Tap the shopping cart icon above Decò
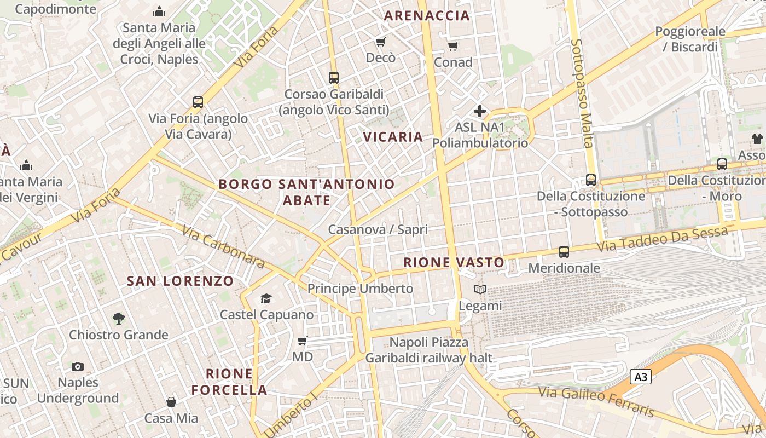click(380, 42)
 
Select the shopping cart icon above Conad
click(452, 46)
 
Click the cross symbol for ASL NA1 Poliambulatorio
click(480, 111)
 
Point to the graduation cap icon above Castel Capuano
click(266, 298)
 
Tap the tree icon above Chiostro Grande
click(118, 318)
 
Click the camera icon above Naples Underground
click(78, 366)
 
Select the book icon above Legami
click(480, 290)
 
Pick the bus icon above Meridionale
click(564, 252)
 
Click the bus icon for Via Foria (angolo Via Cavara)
click(198, 102)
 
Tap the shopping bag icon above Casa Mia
click(171, 402)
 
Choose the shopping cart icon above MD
click(302, 341)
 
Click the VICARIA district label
click(394, 137)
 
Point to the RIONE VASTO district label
click(454, 263)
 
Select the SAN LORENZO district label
click(180, 281)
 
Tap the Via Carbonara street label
click(224, 247)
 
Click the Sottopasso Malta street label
click(582, 93)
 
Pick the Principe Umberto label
click(360, 289)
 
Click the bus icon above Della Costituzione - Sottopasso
click(591, 180)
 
